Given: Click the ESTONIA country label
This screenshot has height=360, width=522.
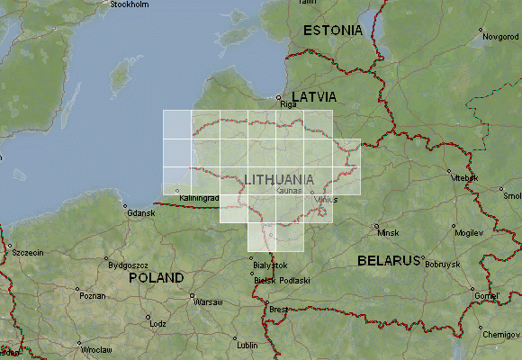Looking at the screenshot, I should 333,31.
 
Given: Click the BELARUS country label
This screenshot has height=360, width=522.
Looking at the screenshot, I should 389,260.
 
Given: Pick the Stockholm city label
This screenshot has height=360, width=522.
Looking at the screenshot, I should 129,4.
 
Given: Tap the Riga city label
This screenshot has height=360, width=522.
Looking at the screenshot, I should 288,104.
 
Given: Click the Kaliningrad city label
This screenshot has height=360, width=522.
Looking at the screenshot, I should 200,197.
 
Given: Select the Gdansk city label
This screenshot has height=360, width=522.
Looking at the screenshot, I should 142,213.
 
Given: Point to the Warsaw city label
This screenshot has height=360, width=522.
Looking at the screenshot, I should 208,302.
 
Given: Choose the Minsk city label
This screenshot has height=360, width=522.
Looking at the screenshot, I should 388,233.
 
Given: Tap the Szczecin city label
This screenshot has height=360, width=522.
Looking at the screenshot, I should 28,253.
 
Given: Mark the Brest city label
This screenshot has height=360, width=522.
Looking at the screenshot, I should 278,310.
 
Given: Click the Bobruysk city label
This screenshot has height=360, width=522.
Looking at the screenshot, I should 443,264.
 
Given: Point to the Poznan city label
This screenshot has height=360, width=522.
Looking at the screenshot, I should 92,295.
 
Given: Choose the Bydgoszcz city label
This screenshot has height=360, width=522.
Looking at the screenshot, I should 128,265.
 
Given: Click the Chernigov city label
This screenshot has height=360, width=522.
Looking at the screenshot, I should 500,334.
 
